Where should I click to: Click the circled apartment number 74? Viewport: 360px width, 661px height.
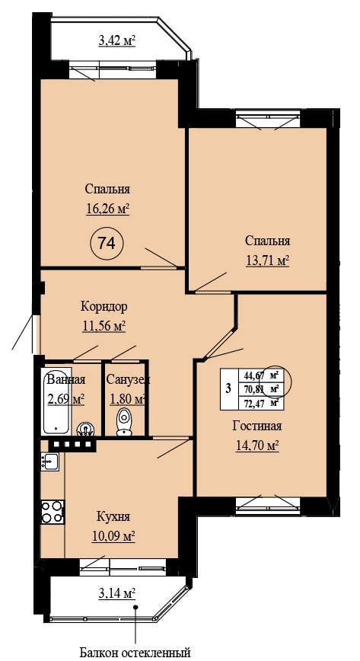click(107, 243)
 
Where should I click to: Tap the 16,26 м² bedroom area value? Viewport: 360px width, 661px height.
click(107, 209)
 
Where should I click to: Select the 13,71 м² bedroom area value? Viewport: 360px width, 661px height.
click(267, 260)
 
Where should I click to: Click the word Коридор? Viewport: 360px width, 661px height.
click(104, 306)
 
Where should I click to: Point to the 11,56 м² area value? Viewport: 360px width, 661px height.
click(104, 326)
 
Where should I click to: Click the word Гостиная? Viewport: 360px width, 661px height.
click(257, 426)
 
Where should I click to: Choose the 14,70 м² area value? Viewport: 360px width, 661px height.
click(257, 445)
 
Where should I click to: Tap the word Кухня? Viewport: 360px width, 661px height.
click(113, 516)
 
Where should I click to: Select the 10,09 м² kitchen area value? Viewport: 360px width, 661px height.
click(113, 536)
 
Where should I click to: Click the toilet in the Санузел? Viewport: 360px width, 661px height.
click(124, 420)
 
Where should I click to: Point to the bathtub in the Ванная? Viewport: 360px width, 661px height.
click(56, 401)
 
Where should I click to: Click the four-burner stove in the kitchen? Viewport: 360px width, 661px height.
click(53, 512)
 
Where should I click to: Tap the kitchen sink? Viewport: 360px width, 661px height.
click(50, 461)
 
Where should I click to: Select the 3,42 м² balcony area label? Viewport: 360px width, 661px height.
click(116, 40)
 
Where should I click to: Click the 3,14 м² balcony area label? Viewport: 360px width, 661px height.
click(116, 594)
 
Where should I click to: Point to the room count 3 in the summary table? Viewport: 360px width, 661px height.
click(228, 388)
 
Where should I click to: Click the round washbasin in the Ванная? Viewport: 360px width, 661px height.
click(85, 429)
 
